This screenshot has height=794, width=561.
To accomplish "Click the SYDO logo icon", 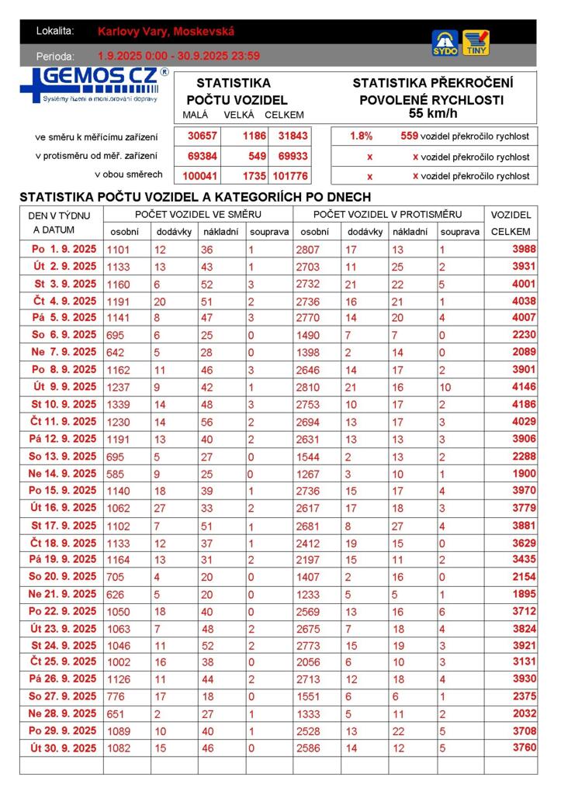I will point(445,43).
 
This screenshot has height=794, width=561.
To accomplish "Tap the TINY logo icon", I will point(476,43).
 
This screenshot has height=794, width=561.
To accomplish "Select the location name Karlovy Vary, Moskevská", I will point(166,32).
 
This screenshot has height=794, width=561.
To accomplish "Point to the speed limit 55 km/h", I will point(431,113).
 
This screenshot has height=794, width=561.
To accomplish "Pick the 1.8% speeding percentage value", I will point(361,136).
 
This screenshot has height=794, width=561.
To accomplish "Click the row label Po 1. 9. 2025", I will point(64,250).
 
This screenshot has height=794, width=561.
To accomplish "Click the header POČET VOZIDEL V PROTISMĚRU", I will point(388,215).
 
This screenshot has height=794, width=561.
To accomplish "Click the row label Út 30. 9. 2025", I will point(64,748).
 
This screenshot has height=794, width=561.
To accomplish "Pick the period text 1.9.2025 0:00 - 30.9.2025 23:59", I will point(178,56).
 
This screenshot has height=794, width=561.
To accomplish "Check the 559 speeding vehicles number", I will point(409,136).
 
